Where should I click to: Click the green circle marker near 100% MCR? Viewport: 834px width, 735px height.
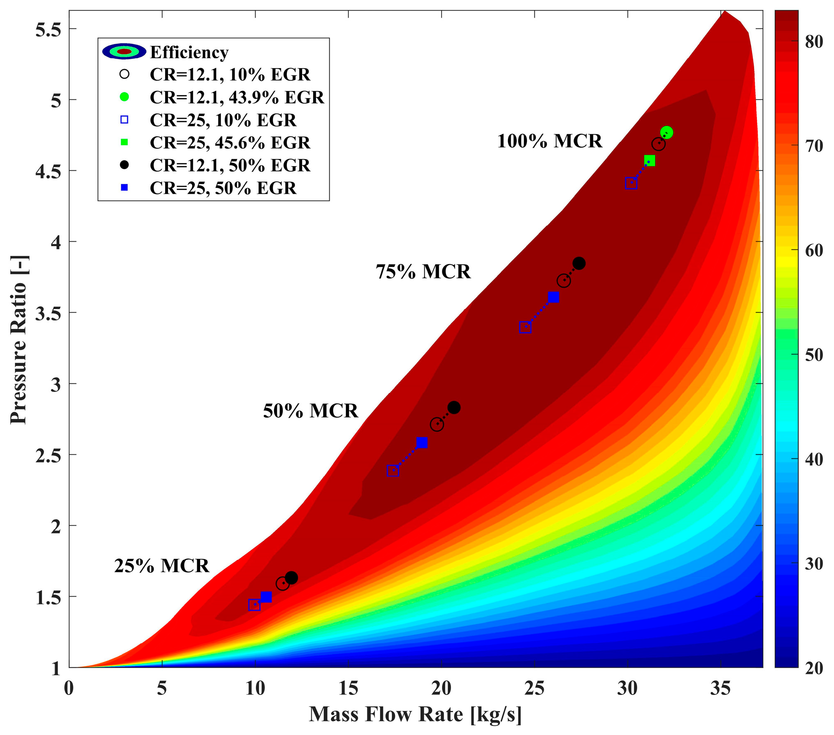point(666,132)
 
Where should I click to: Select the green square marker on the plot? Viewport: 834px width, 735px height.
point(649,160)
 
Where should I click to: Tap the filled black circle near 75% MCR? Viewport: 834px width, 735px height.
point(579,263)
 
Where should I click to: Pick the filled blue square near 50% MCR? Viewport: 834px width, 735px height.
point(421,442)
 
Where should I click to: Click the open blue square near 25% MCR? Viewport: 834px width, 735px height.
point(254,604)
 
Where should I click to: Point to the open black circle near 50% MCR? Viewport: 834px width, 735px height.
point(437,424)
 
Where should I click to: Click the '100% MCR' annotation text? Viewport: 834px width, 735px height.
point(549,141)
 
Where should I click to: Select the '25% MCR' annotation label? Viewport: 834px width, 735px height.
point(162,566)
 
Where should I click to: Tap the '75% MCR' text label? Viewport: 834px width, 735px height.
point(423,272)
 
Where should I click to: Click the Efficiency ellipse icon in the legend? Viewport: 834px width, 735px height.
point(124,51)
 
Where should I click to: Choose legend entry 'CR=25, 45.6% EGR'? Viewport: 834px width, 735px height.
point(229,143)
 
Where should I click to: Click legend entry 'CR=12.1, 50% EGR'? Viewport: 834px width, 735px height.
point(229,165)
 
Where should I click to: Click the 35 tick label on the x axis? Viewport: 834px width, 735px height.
point(721,689)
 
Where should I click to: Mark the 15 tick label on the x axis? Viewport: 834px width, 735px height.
point(348,689)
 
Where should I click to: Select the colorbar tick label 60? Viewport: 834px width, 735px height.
point(813,250)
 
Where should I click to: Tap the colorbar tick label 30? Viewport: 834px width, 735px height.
point(813,564)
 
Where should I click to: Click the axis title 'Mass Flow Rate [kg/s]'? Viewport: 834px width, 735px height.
point(415,714)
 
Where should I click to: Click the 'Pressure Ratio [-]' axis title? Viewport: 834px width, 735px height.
point(18,340)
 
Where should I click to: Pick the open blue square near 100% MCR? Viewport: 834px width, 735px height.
point(631,183)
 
